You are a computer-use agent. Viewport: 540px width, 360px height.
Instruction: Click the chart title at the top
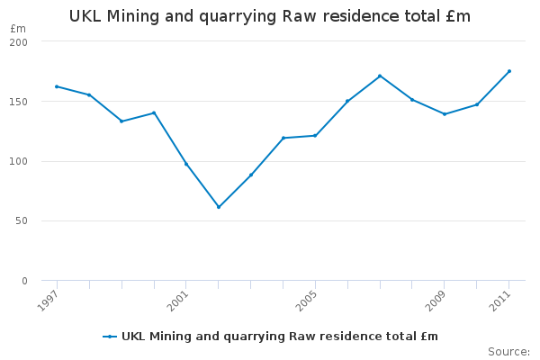pos(270,16)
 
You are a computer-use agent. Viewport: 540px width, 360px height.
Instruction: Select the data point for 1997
pos(57,86)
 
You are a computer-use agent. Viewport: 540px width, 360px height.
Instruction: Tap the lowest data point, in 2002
pos(218,207)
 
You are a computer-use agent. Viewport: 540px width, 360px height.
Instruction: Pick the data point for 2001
pos(186,164)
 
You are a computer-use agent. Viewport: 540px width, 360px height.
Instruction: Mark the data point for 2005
pos(315,136)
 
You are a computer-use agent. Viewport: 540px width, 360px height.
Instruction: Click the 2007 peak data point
pos(380,76)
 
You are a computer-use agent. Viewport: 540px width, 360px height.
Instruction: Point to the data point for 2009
pos(445,114)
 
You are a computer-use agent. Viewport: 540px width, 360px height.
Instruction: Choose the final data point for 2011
pos(508,71)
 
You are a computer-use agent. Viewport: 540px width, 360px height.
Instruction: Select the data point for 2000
pos(154,112)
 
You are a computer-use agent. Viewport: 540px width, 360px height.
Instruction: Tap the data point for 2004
pos(283,138)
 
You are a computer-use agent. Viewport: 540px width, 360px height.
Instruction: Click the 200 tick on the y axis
pos(20,42)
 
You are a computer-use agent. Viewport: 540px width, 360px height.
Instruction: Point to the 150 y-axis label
pos(20,102)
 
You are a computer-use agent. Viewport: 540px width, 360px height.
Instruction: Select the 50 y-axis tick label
pos(22,221)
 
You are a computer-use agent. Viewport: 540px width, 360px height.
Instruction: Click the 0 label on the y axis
pos(25,281)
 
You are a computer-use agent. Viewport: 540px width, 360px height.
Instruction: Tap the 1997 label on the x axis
pos(49,300)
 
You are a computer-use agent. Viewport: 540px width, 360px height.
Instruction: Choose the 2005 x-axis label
pos(308,300)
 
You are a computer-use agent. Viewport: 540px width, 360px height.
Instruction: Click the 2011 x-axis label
pos(501,300)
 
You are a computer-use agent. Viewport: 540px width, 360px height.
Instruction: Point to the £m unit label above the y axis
pos(18,29)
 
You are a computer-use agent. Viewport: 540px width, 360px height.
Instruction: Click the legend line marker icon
pos(110,337)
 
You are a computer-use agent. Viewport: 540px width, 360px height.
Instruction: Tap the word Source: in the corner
pos(508,351)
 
